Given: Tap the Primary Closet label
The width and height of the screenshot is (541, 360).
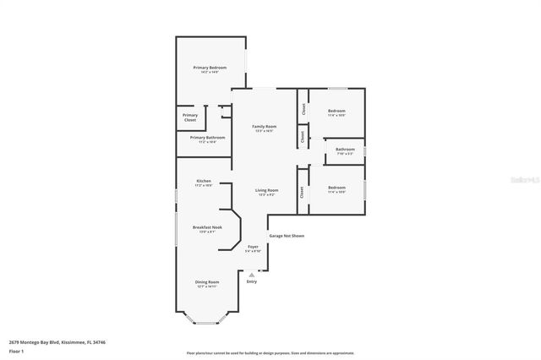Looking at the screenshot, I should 190,117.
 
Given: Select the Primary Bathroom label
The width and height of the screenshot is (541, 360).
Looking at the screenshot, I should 207,138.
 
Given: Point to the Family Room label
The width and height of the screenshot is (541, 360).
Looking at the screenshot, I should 264,127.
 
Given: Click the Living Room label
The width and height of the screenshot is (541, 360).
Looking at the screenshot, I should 267,191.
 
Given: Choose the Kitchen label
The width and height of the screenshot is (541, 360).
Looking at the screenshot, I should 204,181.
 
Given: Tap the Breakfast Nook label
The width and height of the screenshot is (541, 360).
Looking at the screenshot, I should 206,227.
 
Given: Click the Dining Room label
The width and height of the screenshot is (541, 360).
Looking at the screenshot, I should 207,282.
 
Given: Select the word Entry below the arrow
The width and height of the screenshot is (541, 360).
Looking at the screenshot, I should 251,281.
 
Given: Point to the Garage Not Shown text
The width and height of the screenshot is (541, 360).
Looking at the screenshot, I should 287,236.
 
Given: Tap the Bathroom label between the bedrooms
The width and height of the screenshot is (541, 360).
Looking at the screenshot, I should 345,150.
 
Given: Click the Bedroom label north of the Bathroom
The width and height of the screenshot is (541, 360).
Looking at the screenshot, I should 336,111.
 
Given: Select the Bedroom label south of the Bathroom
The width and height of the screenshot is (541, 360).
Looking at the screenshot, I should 336,188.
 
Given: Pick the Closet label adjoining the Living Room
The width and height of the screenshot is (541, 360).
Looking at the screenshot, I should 302,192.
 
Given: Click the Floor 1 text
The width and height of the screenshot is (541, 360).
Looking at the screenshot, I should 16,350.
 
